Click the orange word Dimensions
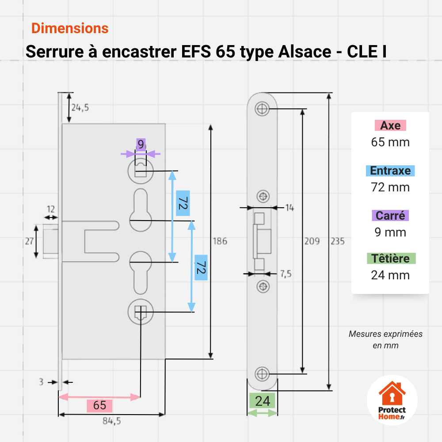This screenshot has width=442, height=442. pyautogui.click(x=70, y=28)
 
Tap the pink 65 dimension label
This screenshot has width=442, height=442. pyautogui.click(x=99, y=405)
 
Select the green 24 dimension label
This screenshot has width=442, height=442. pyautogui.click(x=263, y=401)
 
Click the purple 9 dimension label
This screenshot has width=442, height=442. pyautogui.click(x=141, y=145)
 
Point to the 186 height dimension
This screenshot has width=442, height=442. pyautogui.click(x=220, y=241)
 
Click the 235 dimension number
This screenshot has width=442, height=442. pyautogui.click(x=337, y=241)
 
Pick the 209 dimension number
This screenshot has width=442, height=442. pyautogui.click(x=312, y=241)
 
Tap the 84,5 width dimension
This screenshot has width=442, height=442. pyautogui.click(x=112, y=421)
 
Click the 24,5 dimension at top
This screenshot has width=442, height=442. pyautogui.click(x=80, y=107)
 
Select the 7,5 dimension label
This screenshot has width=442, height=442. pyautogui.click(x=286, y=274)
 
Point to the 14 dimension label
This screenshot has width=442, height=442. pyautogui.click(x=290, y=208)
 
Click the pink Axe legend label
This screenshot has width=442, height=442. pyautogui.click(x=390, y=126)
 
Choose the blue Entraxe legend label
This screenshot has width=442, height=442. pyautogui.click(x=390, y=171)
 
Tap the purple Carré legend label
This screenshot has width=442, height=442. pyautogui.click(x=390, y=216)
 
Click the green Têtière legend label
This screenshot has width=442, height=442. pyautogui.click(x=391, y=259)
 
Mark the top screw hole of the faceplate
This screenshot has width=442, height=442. pyautogui.click(x=262, y=109)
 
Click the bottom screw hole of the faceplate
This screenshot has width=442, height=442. pyautogui.click(x=262, y=374)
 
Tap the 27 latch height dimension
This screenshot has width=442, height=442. pyautogui.click(x=29, y=241)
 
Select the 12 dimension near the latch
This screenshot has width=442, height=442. pyautogui.click(x=51, y=209)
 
